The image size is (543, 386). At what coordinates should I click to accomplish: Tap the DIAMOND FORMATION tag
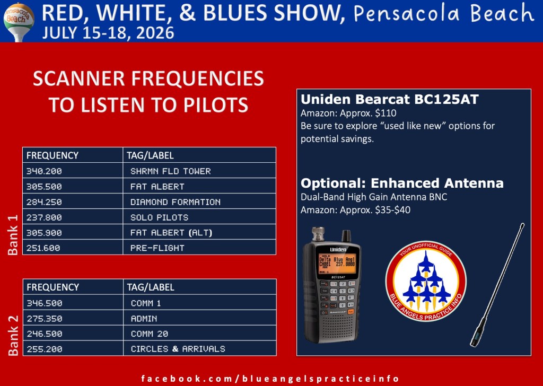[x=175, y=202]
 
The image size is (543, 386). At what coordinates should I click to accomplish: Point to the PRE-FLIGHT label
[x=157, y=248]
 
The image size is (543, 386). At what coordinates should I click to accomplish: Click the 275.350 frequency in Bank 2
[x=45, y=319]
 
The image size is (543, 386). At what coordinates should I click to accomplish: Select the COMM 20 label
[x=149, y=334]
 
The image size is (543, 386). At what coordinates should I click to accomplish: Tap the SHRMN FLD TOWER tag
[x=170, y=171]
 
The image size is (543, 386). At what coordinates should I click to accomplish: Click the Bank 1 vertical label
[x=13, y=235]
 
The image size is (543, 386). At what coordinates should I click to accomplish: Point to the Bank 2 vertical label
[x=13, y=336]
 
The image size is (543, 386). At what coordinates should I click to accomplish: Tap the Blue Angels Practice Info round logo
[x=426, y=281]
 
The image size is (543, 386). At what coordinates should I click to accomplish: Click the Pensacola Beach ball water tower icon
[x=19, y=21]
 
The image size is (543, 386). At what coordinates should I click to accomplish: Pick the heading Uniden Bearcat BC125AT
[x=389, y=99]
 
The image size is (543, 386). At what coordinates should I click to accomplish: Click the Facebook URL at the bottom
[x=270, y=379]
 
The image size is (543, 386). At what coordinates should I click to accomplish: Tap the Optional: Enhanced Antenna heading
[x=402, y=183]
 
